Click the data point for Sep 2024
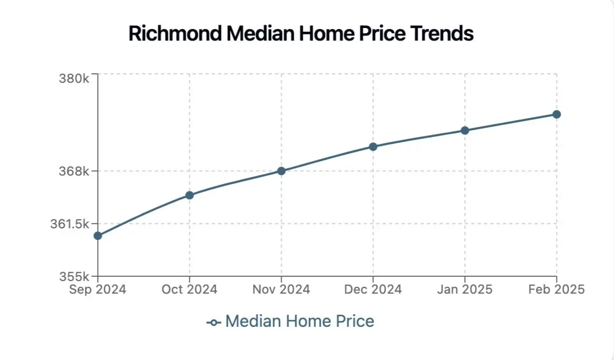click(x=98, y=236)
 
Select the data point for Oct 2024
click(x=189, y=195)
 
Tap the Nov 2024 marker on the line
click(x=281, y=171)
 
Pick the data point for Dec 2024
click(x=373, y=147)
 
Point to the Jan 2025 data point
click(x=465, y=130)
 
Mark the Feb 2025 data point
click(x=557, y=114)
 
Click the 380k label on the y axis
click(x=74, y=79)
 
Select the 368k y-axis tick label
click(x=74, y=171)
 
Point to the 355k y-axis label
click(x=74, y=276)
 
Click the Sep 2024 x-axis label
click(x=98, y=289)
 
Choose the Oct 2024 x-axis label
click(x=189, y=289)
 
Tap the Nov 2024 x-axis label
click(x=281, y=289)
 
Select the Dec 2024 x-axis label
click(x=373, y=289)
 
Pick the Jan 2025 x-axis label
click(x=465, y=289)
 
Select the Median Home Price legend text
click(x=300, y=321)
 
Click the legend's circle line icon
click(x=214, y=322)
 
